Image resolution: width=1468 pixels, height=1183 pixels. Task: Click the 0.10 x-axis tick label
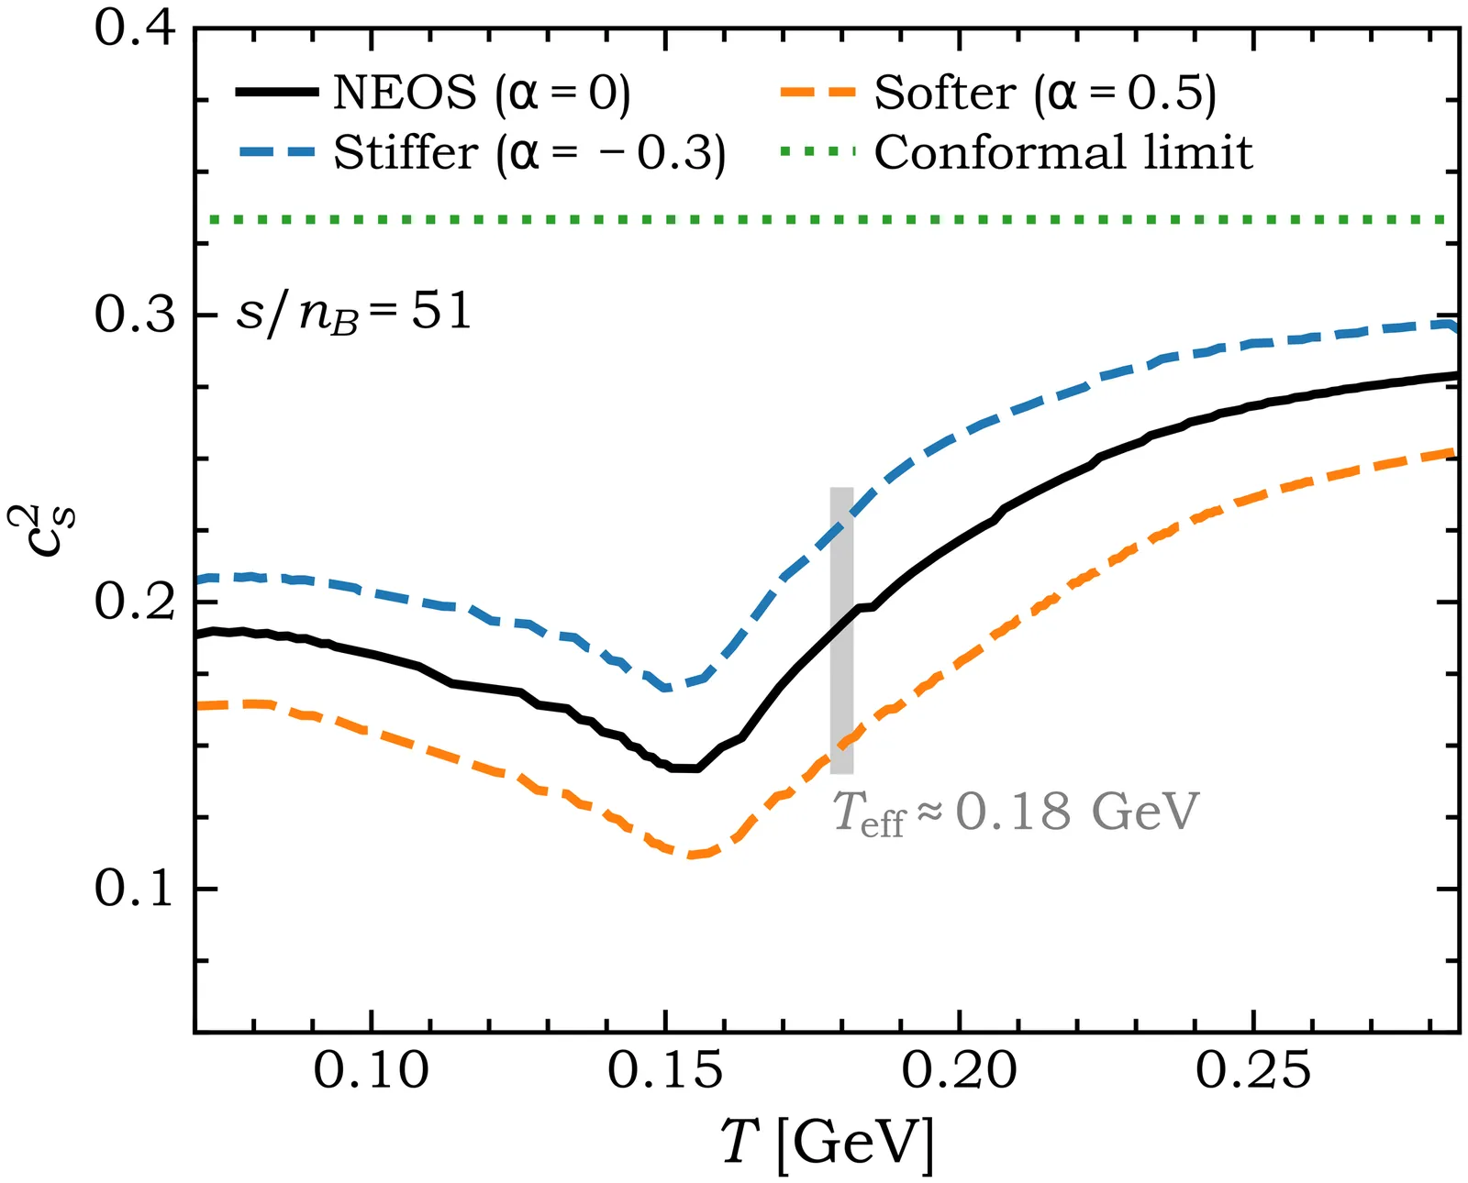click(371, 1070)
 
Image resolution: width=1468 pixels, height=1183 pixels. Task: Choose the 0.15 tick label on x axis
click(665, 1070)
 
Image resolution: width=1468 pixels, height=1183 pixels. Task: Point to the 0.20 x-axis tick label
click(960, 1070)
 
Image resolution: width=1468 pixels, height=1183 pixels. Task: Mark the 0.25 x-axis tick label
click(1253, 1070)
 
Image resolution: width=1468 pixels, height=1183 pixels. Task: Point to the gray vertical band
click(841, 630)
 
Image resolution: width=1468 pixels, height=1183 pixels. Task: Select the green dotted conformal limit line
click(826, 219)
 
